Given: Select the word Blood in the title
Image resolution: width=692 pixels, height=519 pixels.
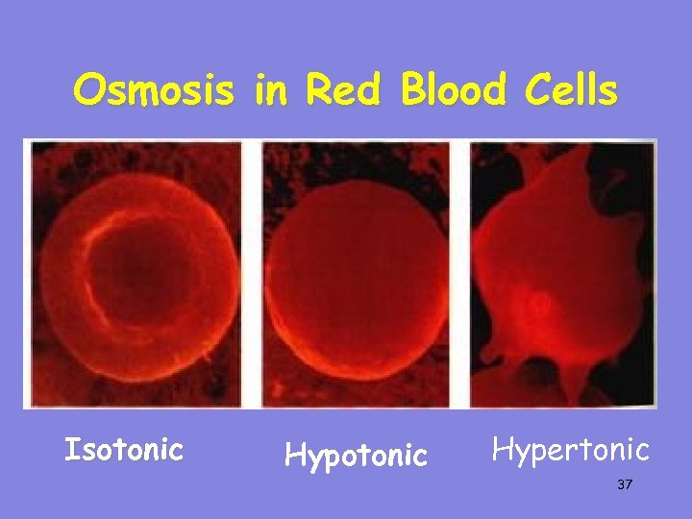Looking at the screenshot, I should pos(451,90).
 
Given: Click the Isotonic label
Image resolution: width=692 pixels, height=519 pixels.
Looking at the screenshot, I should pos(123,449).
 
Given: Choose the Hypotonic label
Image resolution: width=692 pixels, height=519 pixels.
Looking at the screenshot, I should pos(356,455).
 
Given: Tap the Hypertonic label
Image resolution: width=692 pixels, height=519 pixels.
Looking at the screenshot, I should pos(571,449).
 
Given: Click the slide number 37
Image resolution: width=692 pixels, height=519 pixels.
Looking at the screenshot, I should pos(625,486).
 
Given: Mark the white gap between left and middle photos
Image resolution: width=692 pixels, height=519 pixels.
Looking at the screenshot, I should pos(251,274).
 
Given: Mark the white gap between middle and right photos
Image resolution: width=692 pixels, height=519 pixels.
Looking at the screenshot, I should pos(459,274).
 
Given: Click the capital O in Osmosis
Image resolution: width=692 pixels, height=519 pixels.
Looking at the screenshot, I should pos(89,90).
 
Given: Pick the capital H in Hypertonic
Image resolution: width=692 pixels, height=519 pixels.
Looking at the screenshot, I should pos(503,449).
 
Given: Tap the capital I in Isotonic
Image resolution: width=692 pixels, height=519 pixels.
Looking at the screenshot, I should pos(69,449).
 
